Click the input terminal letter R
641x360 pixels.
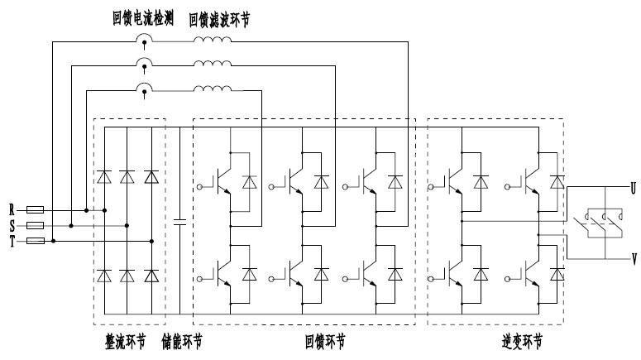12,210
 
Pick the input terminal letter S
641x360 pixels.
12,224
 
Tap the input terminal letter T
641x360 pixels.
12,240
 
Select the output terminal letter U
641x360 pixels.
634,189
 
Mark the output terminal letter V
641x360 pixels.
634,259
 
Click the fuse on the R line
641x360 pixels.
36,210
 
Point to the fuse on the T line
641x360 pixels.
36,240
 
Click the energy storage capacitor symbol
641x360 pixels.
179,222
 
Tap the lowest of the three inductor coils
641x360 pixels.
212,89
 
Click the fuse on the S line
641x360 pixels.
36,224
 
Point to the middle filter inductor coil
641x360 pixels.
212,65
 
